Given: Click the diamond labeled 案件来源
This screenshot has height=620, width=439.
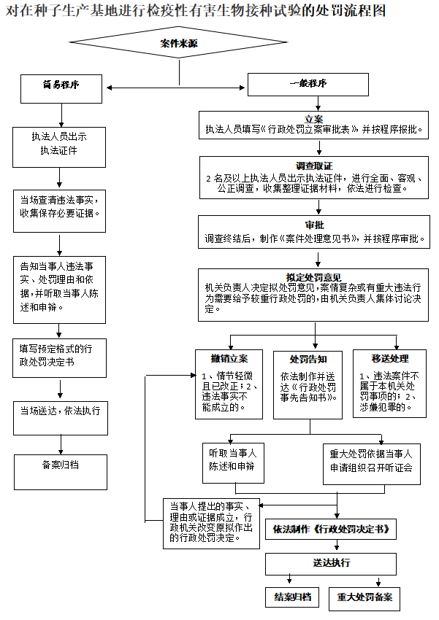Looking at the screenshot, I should click(x=179, y=44).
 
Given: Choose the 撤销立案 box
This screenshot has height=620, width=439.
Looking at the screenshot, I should click(x=229, y=384).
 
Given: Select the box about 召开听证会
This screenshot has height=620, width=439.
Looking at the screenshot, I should click(x=372, y=461).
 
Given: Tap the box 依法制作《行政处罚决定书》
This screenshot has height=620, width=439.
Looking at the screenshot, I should click(x=330, y=529).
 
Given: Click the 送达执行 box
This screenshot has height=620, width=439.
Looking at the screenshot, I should click(x=330, y=563).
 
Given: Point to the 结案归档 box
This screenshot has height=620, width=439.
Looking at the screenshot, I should click(x=292, y=597).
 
